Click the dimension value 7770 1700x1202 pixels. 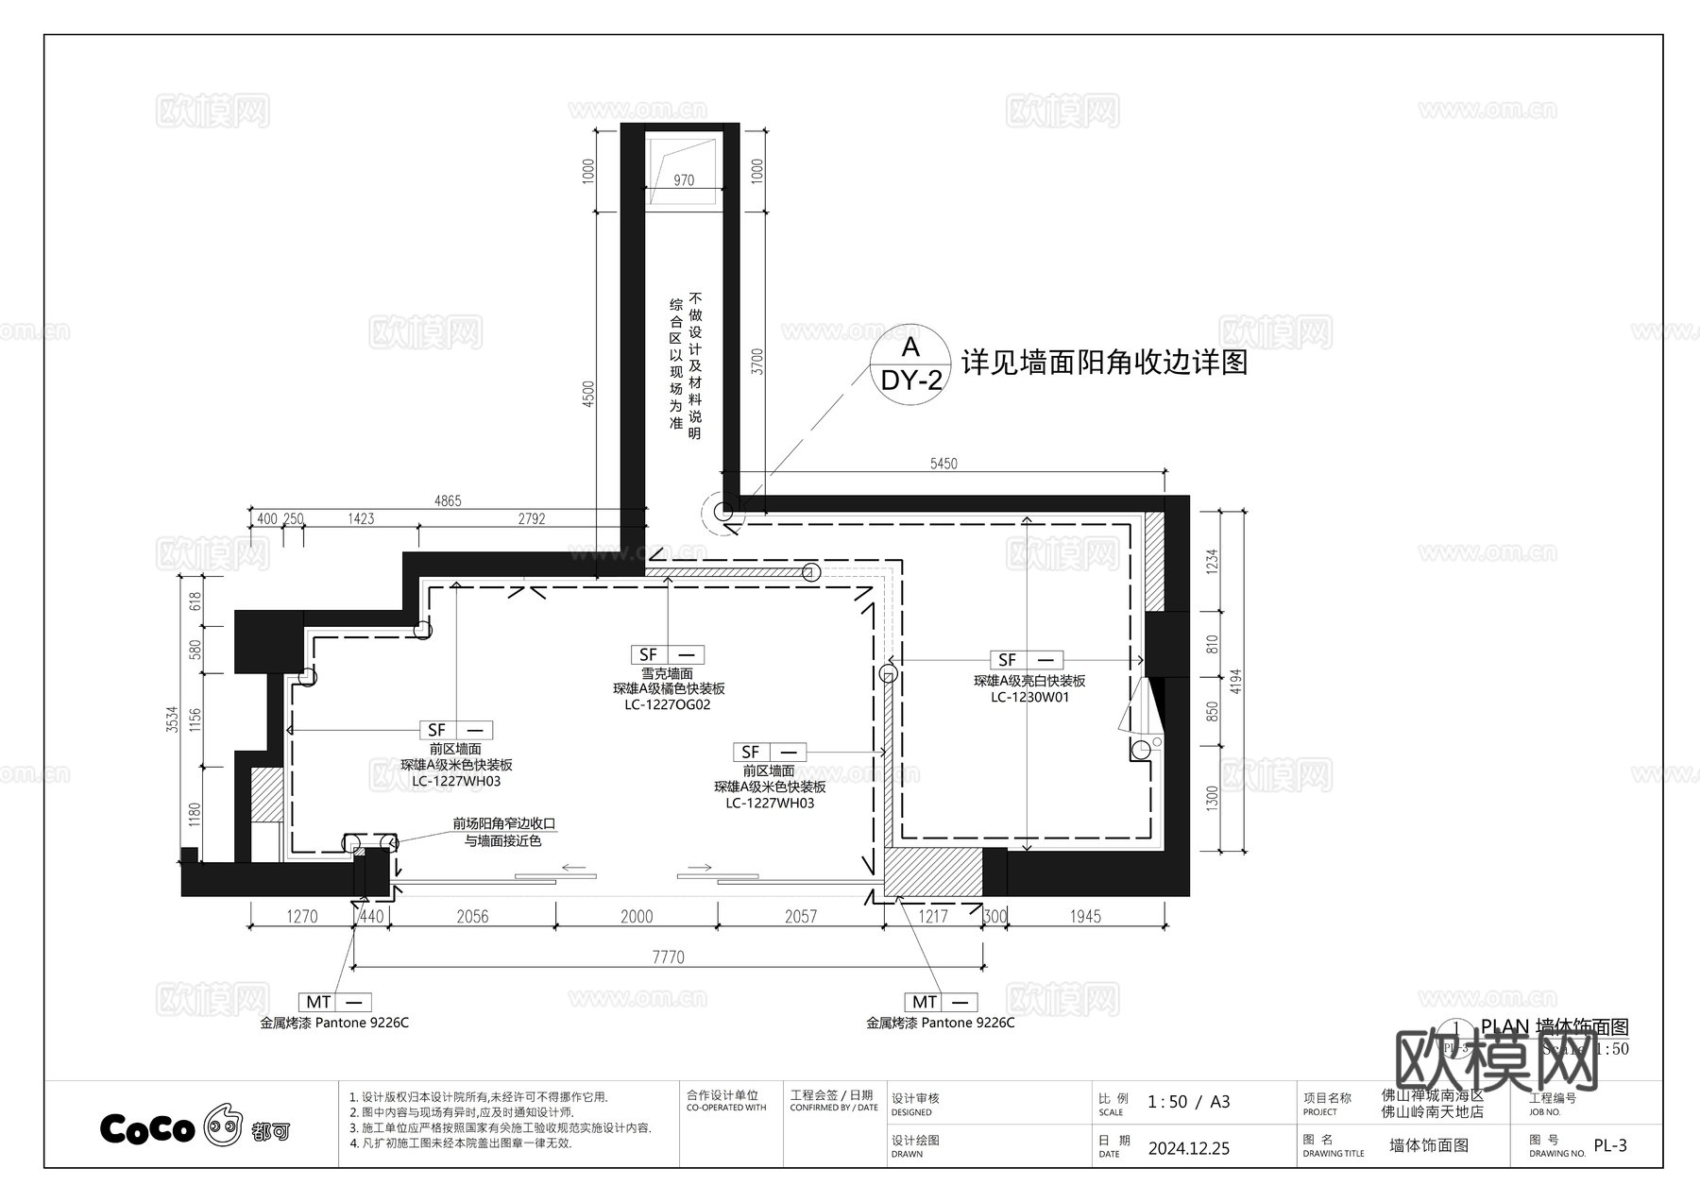click(668, 957)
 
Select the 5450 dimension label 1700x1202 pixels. click(943, 464)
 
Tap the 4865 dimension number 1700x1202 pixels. click(448, 500)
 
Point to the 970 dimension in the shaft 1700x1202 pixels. click(684, 180)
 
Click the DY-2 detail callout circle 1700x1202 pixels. click(909, 364)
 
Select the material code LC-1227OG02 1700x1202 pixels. click(668, 704)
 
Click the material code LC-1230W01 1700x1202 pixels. click(1029, 697)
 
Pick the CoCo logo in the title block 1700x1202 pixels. click(148, 1128)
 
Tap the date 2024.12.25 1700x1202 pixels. click(1189, 1148)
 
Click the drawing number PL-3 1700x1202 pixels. click(1610, 1145)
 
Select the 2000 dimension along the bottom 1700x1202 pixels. click(637, 916)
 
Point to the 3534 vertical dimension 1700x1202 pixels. click(172, 720)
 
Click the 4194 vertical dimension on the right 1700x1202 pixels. click(1236, 681)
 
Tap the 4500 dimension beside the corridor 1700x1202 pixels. click(588, 394)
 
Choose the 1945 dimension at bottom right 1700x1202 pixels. click(1085, 916)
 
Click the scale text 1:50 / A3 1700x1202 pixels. click(1188, 1102)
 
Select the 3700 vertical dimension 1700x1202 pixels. click(756, 362)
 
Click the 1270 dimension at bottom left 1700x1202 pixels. click(302, 916)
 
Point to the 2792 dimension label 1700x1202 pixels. click(532, 518)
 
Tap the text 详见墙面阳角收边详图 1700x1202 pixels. click(1104, 363)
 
